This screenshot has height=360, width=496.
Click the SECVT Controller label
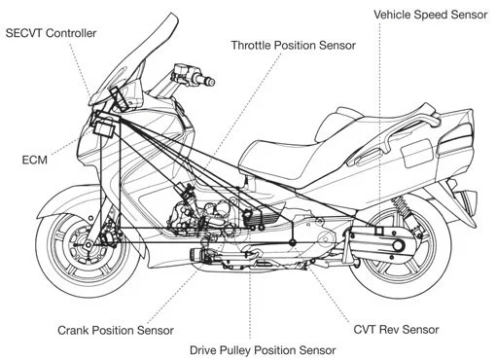pos(52,33)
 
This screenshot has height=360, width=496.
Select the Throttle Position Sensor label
pos(293,45)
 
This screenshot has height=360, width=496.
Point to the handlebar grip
pos(185,75)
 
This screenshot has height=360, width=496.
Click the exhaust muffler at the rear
pos(465,198)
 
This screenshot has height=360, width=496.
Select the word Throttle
pos(255,45)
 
